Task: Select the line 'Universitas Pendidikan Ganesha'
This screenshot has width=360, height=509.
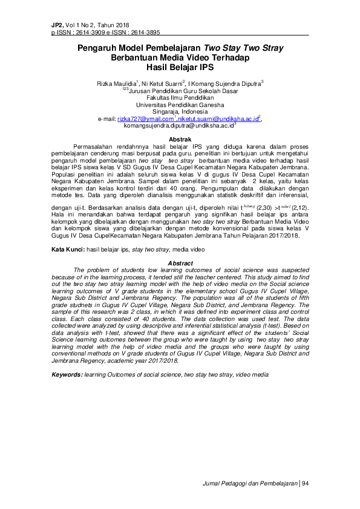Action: click(180, 105)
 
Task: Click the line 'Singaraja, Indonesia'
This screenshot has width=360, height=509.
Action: click(180, 112)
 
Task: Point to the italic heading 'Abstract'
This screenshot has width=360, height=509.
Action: click(180, 264)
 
